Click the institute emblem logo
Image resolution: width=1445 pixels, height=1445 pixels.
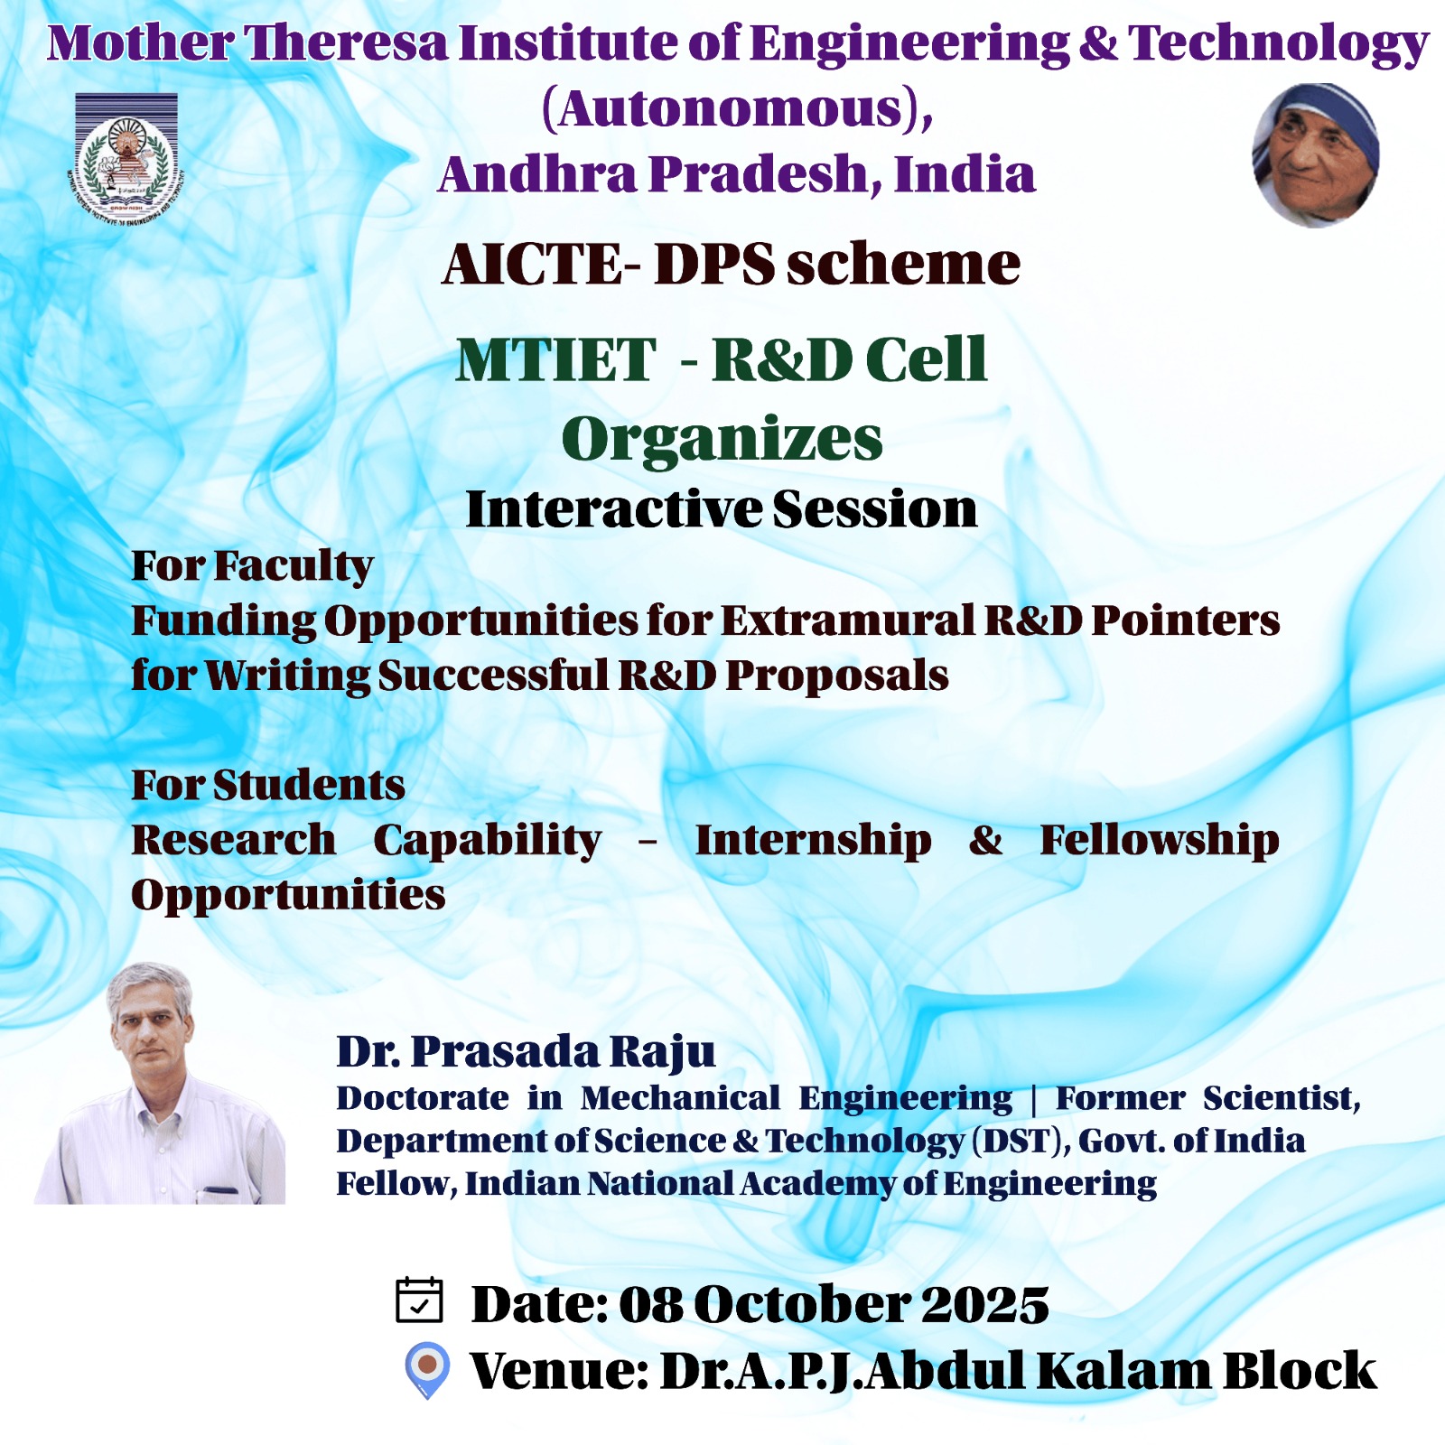126,157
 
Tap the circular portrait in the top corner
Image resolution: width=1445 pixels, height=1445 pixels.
1316,155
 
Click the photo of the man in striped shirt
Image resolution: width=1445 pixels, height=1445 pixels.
161,1083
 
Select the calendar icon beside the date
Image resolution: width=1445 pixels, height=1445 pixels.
419,1301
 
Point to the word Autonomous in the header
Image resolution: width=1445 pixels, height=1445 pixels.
731,109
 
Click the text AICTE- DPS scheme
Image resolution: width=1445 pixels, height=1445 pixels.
732,264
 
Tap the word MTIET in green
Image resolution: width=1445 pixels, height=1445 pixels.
555,359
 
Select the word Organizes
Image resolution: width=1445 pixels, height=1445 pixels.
722,440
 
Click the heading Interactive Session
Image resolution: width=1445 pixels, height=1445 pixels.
722,508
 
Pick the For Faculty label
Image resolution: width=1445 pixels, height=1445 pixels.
252,566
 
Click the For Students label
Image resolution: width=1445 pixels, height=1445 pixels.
268,785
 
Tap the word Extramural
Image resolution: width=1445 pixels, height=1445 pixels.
848,620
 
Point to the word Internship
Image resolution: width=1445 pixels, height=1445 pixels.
814,841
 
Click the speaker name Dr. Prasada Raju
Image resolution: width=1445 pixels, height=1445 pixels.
526,1051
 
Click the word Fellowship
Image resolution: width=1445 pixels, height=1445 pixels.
1160,840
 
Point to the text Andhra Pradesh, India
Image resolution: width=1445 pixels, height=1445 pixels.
737,174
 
